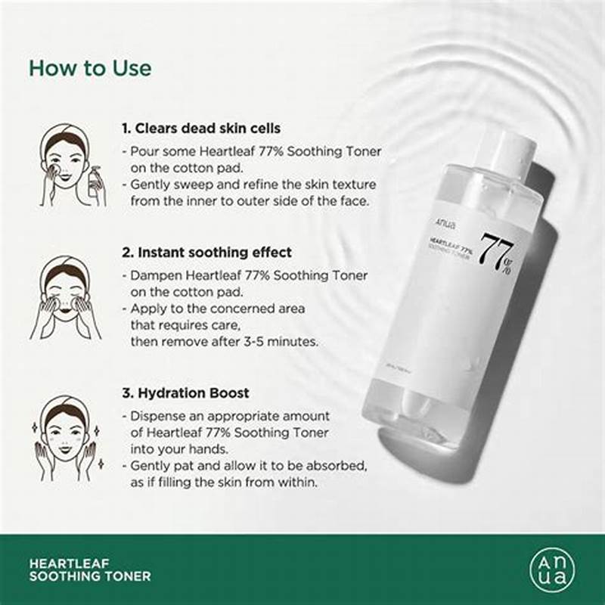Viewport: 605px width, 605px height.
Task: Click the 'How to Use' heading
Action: point(90,67)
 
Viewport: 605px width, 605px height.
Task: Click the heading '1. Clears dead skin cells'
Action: point(201,129)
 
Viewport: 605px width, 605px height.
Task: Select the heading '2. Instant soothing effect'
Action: point(206,252)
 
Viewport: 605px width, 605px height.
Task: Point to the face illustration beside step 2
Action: point(64,295)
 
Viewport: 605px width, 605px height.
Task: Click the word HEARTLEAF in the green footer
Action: point(67,563)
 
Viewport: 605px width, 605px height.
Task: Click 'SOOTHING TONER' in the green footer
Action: point(89,577)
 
